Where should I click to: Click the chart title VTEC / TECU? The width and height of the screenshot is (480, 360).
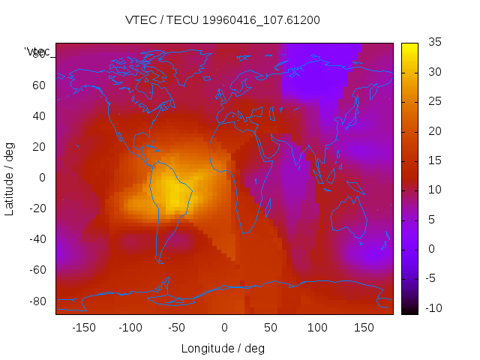(223, 20)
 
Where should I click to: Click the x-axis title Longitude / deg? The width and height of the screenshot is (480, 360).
(223, 348)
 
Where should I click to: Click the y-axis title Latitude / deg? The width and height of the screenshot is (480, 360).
(10, 178)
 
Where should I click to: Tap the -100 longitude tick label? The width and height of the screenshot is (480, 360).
(130, 328)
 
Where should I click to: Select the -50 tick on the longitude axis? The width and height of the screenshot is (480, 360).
(176, 328)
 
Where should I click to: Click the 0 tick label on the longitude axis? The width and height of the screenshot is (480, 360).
(223, 328)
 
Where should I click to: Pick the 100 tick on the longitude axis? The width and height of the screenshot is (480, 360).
(317, 328)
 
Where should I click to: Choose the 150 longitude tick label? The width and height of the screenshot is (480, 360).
(364, 328)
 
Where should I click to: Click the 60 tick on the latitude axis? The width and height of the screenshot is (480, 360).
(39, 85)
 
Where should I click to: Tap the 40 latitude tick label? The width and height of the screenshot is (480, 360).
(39, 116)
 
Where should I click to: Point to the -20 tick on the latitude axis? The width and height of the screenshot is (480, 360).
(37, 208)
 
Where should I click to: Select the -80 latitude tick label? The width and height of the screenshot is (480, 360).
(37, 301)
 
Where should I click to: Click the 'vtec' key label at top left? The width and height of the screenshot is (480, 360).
(37, 52)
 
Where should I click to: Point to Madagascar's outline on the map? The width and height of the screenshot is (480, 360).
(267, 205)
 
